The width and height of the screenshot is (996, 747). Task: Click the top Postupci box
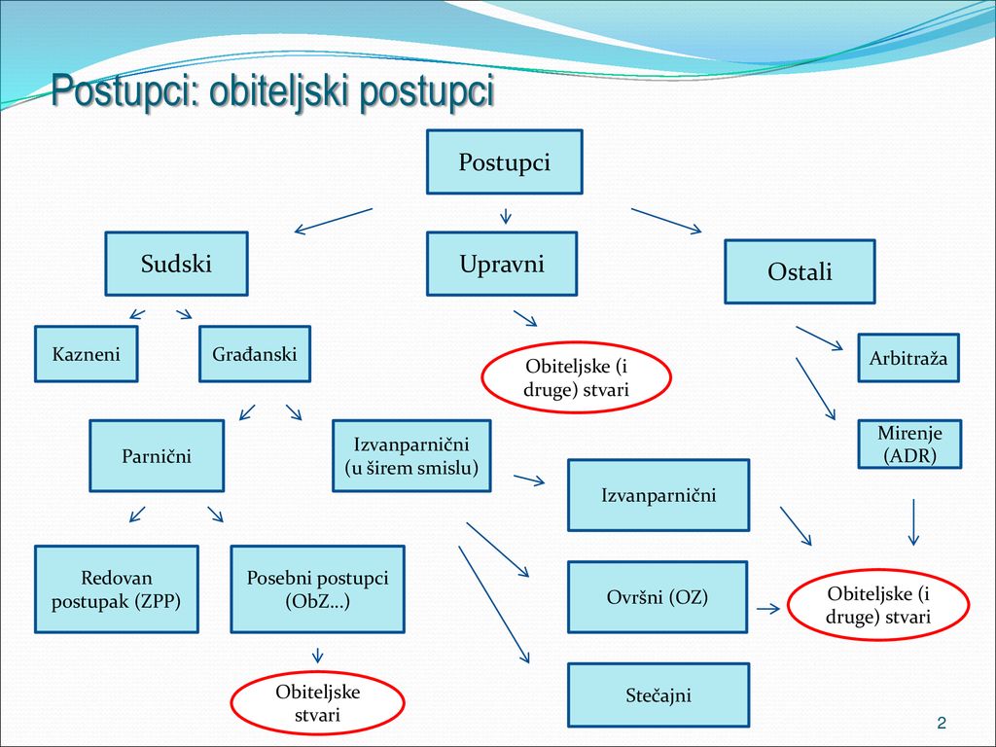click(505, 162)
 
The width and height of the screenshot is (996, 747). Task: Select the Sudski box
click(177, 264)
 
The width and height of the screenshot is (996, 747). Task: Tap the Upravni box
click(502, 264)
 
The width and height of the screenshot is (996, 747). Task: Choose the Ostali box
click(800, 271)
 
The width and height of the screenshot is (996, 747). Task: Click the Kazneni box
click(87, 354)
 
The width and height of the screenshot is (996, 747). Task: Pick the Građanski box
click(255, 354)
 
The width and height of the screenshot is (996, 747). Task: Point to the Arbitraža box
click(908, 358)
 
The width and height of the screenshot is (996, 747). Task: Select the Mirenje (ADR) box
click(909, 444)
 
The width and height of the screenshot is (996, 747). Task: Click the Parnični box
click(157, 455)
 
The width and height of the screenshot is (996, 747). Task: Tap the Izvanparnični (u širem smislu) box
click(411, 455)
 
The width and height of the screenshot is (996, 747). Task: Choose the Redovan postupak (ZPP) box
click(117, 588)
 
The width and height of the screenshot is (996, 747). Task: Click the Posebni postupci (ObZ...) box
click(318, 588)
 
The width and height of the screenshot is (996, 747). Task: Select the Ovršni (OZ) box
click(658, 596)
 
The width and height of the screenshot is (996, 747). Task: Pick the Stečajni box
click(658, 694)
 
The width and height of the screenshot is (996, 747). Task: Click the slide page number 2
click(942, 723)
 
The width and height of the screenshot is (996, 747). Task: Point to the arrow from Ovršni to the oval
click(768, 609)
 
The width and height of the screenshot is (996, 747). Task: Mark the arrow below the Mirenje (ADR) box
click(913, 522)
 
